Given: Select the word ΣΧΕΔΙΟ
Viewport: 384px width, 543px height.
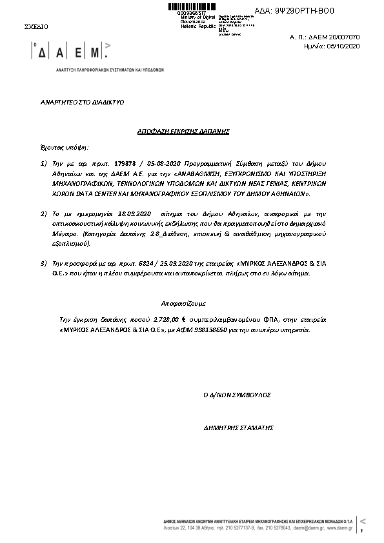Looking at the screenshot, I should coord(35,27).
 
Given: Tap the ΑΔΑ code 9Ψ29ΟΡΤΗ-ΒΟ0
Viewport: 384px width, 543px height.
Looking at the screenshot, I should coord(304,12).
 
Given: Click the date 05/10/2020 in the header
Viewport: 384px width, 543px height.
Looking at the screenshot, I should coord(345,46).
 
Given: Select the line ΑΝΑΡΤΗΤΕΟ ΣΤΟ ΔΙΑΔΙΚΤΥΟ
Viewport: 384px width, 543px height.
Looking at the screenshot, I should coord(82,102).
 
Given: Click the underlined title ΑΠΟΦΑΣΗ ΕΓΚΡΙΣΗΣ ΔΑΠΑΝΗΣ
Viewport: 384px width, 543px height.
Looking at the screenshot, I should coord(184,131).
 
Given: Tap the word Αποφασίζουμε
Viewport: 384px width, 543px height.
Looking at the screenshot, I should coord(183,302).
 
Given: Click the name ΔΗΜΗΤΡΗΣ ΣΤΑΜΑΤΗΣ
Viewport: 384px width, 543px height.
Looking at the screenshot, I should coord(238,428).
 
